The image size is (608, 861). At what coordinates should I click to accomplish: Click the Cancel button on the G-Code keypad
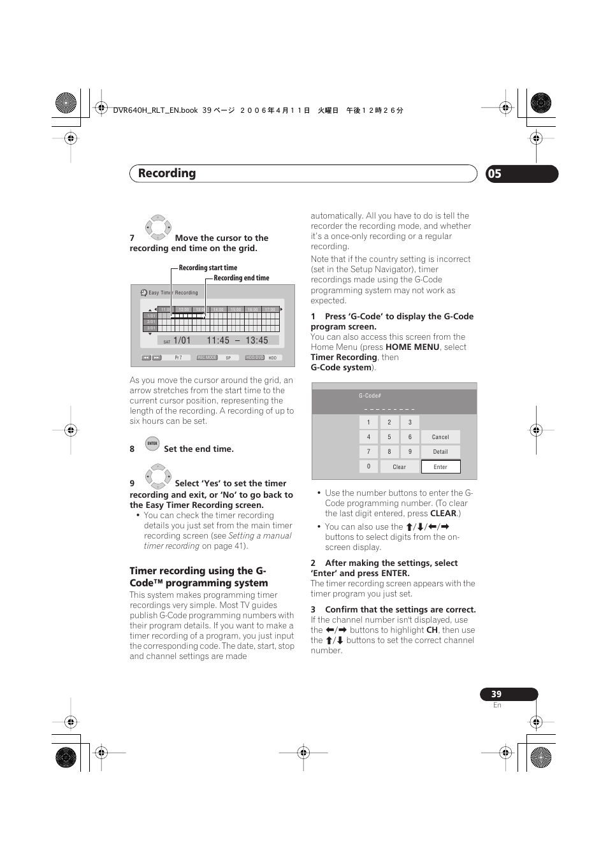(440, 437)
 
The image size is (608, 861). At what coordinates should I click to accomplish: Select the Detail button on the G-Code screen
(440, 452)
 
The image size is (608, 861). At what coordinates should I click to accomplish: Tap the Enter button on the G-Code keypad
(440, 467)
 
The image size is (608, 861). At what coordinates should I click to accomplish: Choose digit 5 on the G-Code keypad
(389, 437)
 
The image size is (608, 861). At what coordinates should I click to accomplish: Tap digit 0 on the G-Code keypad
(368, 467)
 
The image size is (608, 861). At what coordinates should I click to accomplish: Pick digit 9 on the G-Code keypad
(410, 452)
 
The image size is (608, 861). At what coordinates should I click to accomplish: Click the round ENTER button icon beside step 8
(152, 444)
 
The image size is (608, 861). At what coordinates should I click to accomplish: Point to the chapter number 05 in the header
(495, 174)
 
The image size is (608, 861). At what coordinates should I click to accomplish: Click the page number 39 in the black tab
(496, 694)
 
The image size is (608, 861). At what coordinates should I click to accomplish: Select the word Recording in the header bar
(167, 173)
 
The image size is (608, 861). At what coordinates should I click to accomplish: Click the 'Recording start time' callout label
(208, 268)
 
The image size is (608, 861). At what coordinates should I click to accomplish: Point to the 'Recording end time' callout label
(242, 278)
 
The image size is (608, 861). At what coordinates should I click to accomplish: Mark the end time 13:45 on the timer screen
(257, 341)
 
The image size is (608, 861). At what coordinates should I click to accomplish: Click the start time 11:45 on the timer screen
(218, 341)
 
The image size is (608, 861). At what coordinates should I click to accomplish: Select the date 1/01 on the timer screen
(182, 341)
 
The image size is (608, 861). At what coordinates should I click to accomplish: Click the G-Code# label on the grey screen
(370, 396)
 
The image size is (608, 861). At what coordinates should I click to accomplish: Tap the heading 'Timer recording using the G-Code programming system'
(198, 577)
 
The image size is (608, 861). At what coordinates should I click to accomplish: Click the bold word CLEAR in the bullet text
(443, 514)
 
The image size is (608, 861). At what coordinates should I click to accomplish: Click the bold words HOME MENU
(412, 347)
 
